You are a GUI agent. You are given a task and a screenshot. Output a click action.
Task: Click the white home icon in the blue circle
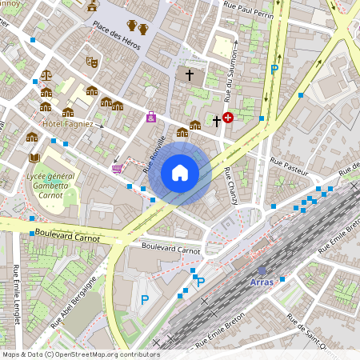[x=180, y=172]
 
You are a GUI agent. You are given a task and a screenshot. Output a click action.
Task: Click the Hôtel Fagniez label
[x=68, y=124]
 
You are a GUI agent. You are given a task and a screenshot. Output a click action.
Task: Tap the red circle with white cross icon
[x=228, y=118]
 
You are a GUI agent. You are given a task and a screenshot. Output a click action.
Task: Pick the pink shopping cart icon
[x=118, y=168]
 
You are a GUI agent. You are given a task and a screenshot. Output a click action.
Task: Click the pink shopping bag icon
[x=151, y=118]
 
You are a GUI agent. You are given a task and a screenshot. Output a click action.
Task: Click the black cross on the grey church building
[x=190, y=76]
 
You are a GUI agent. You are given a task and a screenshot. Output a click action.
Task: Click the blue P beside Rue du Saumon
[x=274, y=70]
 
